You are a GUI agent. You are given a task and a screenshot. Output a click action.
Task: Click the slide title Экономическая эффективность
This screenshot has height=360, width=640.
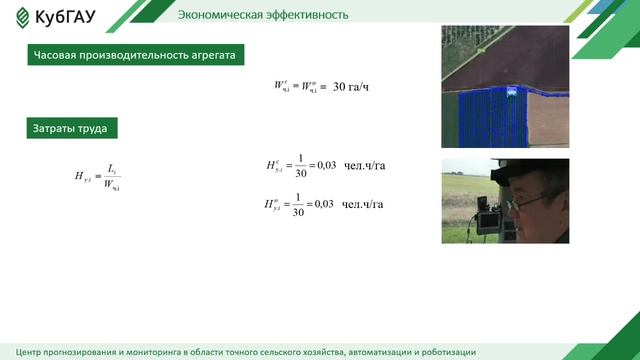click(x=263, y=15)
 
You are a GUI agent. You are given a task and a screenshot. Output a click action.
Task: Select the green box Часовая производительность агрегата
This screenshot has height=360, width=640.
click(x=134, y=56)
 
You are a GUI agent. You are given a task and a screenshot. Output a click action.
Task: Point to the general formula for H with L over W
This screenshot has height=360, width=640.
click(x=98, y=177)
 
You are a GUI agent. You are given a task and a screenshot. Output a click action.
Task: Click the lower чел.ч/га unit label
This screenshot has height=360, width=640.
click(x=362, y=204)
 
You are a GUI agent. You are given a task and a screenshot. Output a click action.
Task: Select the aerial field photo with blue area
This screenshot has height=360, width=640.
click(x=504, y=87)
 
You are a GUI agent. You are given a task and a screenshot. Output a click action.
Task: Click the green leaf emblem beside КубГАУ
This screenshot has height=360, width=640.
click(x=21, y=18)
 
